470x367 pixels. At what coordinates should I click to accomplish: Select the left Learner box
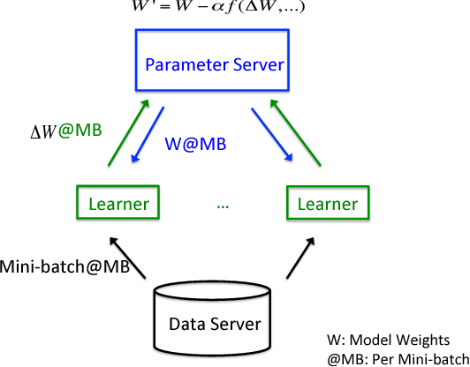(x=117, y=203)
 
